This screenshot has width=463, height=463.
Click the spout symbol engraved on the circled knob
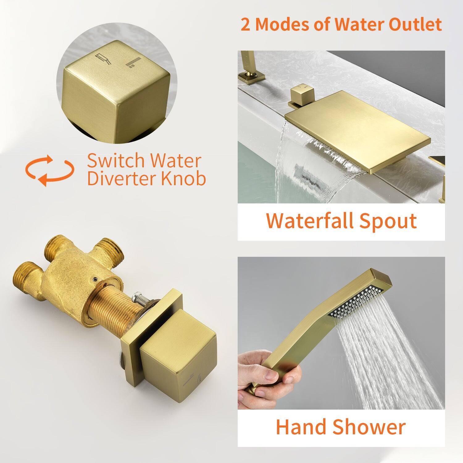pyautogui.click(x=104, y=58)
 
